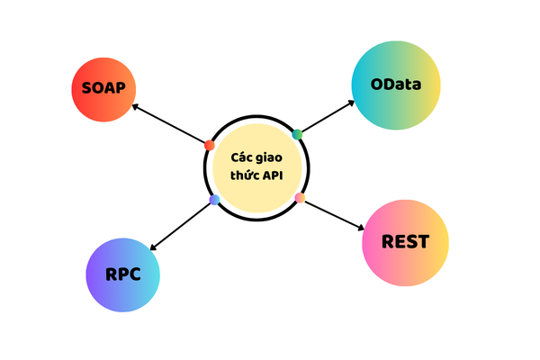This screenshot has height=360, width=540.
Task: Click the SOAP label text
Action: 103,88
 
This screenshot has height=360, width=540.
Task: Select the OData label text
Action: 396,86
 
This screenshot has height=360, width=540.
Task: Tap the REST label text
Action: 405,242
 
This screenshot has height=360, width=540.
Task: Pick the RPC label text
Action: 122,274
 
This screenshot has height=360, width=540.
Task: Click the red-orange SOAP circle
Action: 103,88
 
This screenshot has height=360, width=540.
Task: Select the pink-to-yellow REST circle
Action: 405,243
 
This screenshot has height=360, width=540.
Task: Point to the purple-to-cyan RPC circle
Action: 122,274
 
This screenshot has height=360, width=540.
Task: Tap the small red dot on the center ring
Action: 210,145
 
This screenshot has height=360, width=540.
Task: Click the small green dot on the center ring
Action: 297,134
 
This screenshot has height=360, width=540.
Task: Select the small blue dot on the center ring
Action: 214,199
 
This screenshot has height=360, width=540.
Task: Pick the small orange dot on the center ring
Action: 300,197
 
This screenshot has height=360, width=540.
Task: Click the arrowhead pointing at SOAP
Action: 135,106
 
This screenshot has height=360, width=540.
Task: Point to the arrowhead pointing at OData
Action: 352,102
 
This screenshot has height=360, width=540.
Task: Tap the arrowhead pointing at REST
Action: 360,225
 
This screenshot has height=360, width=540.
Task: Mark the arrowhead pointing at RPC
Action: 153,247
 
